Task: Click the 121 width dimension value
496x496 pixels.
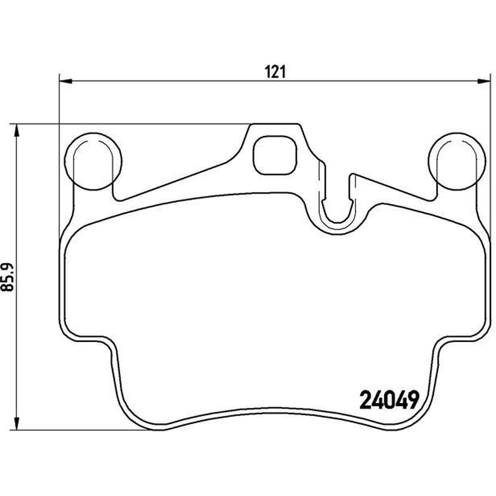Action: click(275, 72)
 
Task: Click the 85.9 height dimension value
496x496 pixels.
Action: click(8, 277)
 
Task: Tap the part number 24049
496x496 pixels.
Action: click(390, 400)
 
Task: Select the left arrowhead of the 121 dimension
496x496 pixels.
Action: click(66, 82)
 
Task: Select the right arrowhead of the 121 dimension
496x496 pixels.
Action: click(484, 82)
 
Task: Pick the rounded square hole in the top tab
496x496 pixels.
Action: click(275, 155)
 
